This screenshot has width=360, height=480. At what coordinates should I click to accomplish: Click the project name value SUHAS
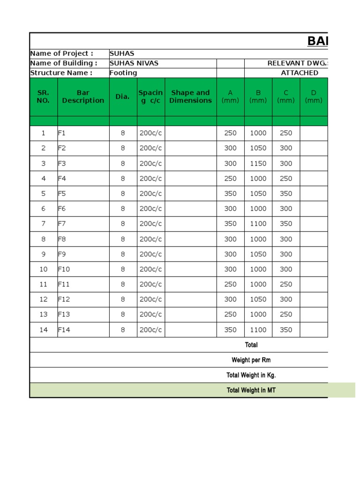(x=122, y=53)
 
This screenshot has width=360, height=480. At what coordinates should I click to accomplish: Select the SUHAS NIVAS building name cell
(x=134, y=63)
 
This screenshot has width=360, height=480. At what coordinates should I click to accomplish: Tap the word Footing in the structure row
(x=123, y=73)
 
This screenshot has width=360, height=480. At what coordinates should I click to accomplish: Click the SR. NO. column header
(x=43, y=97)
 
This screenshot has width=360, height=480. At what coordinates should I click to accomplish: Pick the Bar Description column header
(x=83, y=97)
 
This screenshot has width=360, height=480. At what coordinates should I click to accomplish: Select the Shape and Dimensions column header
(x=190, y=97)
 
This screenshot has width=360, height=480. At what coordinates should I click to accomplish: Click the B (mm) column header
(x=258, y=97)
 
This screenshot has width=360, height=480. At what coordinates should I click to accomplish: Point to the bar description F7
(x=62, y=224)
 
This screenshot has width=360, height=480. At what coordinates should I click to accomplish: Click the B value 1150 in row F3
(x=258, y=164)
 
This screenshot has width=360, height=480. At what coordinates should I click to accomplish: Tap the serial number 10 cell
(x=44, y=270)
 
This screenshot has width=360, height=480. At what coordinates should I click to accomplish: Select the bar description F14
(x=64, y=330)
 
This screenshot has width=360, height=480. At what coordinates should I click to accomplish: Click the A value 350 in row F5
(x=230, y=194)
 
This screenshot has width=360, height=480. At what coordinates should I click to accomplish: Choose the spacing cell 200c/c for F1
(x=150, y=133)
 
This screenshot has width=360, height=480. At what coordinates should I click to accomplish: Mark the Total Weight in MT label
(x=251, y=390)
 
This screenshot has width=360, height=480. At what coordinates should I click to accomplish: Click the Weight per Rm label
(x=251, y=360)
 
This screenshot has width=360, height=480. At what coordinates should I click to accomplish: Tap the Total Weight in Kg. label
(x=251, y=375)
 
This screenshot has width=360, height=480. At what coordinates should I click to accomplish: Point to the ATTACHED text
(x=299, y=73)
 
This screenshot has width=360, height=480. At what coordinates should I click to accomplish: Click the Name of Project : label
(x=61, y=53)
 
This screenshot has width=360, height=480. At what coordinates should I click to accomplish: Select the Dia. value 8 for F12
(x=123, y=300)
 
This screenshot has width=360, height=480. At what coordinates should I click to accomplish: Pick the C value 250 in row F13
(x=286, y=315)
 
